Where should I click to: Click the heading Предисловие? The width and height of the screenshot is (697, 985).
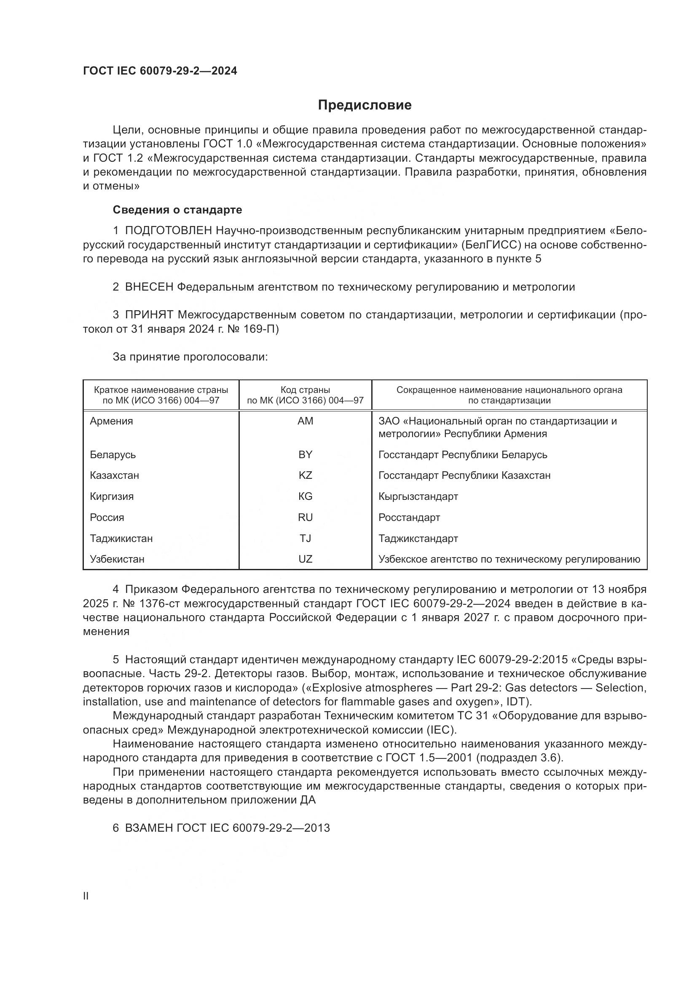pyautogui.click(x=365, y=105)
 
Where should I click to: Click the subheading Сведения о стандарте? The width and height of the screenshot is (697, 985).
pyautogui.click(x=177, y=210)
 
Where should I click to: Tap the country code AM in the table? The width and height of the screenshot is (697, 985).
pyautogui.click(x=305, y=421)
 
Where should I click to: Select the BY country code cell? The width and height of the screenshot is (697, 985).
pyautogui.click(x=305, y=454)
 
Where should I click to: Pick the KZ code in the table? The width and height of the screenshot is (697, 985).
pyautogui.click(x=305, y=475)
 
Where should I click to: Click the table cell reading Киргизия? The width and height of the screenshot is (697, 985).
pyautogui.click(x=112, y=497)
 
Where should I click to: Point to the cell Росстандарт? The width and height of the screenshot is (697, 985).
pyautogui.click(x=409, y=518)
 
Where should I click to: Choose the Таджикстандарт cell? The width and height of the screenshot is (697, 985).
pyautogui.click(x=418, y=539)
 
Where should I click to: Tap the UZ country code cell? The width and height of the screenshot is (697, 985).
pyautogui.click(x=305, y=559)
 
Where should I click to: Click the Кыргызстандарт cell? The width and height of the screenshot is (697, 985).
pyautogui.click(x=418, y=497)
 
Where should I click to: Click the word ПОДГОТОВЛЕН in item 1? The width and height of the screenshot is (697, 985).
pyautogui.click(x=168, y=231)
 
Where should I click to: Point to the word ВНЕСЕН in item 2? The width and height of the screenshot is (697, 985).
pyautogui.click(x=148, y=287)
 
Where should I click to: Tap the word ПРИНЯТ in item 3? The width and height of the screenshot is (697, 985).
pyautogui.click(x=149, y=315)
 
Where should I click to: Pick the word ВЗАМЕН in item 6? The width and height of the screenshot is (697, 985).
pyautogui.click(x=148, y=828)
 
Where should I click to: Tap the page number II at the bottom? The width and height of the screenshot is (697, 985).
pyautogui.click(x=86, y=896)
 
